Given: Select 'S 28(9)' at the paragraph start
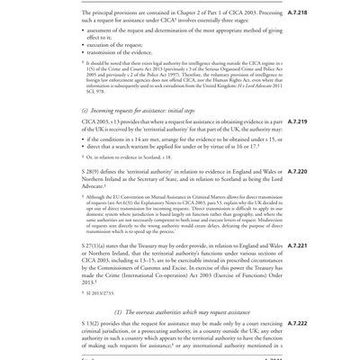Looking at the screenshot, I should (x=94, y=171).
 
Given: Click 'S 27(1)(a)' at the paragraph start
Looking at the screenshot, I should (x=98, y=246).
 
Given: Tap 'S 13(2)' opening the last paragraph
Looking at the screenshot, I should (x=94, y=323).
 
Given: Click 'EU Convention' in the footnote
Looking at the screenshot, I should (x=128, y=195).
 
